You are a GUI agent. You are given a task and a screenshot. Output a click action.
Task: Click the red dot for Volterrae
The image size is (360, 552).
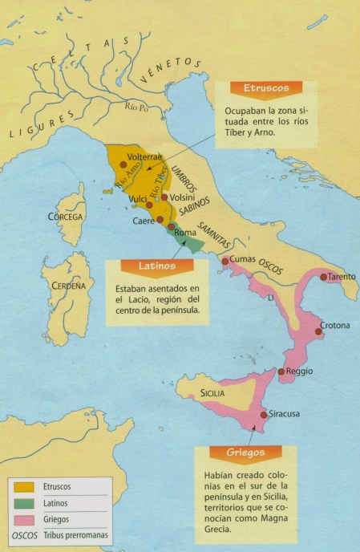click(123, 164)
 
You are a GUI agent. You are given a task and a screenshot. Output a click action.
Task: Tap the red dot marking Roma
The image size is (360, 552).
click(171, 227)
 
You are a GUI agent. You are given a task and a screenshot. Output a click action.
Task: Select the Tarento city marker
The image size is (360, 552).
click(323, 277)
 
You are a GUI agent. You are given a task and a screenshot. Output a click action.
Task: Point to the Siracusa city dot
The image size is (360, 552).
click(265, 415)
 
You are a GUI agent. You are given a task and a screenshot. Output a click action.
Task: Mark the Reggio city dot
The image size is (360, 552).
click(281, 371)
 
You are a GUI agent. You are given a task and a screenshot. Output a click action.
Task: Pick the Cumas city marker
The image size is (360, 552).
click(224, 260)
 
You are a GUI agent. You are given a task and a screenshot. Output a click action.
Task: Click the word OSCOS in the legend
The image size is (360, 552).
click(24, 536)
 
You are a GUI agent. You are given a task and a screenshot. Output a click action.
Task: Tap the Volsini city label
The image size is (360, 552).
click(184, 193)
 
